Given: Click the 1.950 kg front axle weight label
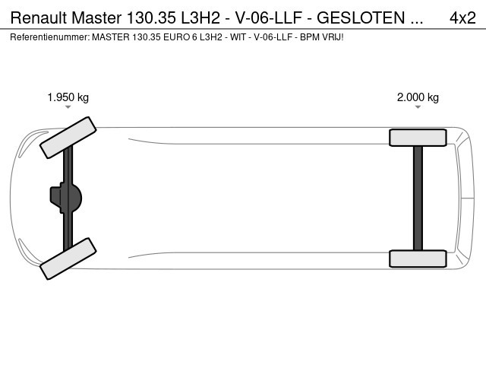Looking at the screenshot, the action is (68, 97).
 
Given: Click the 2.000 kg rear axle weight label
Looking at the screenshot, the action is (418, 97).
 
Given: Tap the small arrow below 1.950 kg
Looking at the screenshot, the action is (68, 107).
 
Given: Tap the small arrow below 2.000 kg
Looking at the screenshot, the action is (418, 107).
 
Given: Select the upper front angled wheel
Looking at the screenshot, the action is (68, 138).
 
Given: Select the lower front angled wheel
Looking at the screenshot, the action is (68, 259).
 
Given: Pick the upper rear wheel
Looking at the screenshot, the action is (418, 138).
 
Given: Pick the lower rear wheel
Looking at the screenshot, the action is (418, 259).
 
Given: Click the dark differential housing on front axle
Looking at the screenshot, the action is (66, 198).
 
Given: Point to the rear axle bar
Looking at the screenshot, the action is (418, 198).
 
